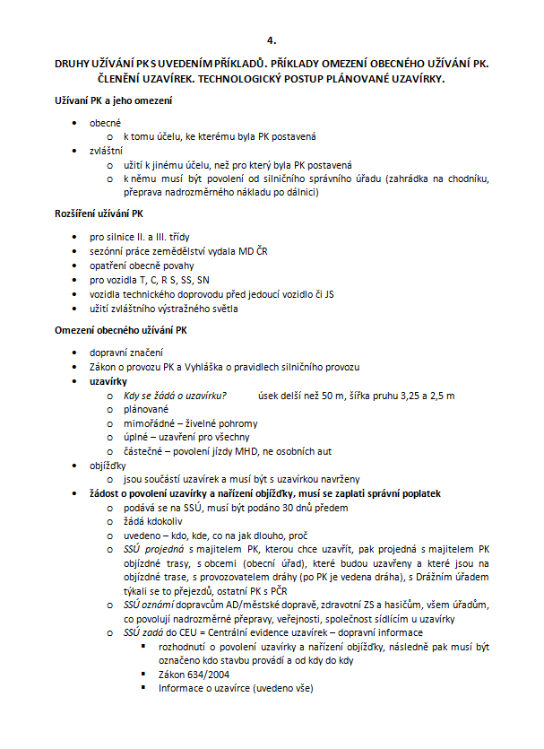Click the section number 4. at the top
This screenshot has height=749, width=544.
(x=272, y=41)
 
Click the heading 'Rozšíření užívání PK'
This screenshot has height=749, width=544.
(x=99, y=214)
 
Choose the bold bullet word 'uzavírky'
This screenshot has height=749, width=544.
(x=108, y=381)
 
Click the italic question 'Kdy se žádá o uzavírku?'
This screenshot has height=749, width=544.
(x=175, y=396)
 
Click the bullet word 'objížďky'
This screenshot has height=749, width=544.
(x=108, y=466)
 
